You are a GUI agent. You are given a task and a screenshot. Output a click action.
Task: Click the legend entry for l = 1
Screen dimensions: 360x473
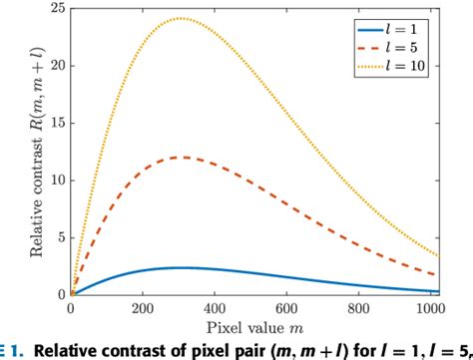point(419,23)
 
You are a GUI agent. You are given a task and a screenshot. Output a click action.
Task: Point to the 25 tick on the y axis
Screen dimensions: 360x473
point(56,8)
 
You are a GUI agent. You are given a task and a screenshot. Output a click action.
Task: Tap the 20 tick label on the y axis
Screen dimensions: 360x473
point(56,66)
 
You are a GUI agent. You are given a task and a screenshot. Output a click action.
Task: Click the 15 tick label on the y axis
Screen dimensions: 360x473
point(56,123)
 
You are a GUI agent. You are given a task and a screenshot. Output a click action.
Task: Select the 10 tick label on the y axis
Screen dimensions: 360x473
point(56,180)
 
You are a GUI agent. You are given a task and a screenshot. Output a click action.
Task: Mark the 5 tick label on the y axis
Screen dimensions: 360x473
point(60,238)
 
